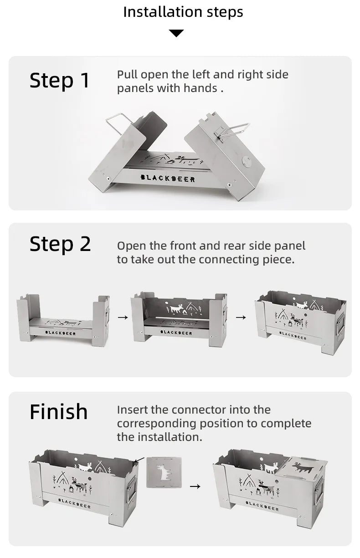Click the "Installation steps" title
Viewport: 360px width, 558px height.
[x=183, y=12]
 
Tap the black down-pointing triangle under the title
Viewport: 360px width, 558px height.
[x=176, y=33]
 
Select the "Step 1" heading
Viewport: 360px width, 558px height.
[x=60, y=81]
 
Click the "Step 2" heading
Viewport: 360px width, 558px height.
[x=60, y=244]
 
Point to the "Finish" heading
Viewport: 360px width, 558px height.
[x=59, y=412]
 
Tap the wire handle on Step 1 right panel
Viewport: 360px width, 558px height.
[x=233, y=130]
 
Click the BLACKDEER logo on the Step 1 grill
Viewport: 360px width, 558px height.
[x=168, y=179]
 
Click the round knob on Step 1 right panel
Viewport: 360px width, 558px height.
[x=246, y=161]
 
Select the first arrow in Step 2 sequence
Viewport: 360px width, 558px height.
[x=123, y=317]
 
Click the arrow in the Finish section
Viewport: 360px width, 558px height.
[x=195, y=487]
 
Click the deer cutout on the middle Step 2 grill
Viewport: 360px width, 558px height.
[x=176, y=309]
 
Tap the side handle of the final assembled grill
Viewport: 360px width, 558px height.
[x=319, y=490]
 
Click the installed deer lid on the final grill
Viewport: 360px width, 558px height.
[x=302, y=467]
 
